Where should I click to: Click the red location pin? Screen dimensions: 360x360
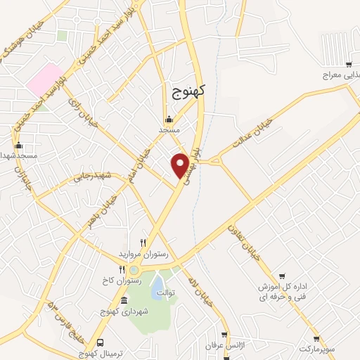pos(181,165)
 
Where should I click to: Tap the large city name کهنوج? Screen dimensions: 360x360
pos(187,91)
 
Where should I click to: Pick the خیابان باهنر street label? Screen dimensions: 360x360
pos(101,211)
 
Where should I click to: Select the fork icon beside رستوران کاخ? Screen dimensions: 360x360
pos(122,269)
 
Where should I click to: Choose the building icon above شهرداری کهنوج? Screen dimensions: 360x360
pos(124,302)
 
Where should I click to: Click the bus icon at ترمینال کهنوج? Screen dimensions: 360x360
pos(100,342)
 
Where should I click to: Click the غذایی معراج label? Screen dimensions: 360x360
pos(342,75)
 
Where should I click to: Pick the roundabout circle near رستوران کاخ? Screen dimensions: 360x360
pos(134,270)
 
